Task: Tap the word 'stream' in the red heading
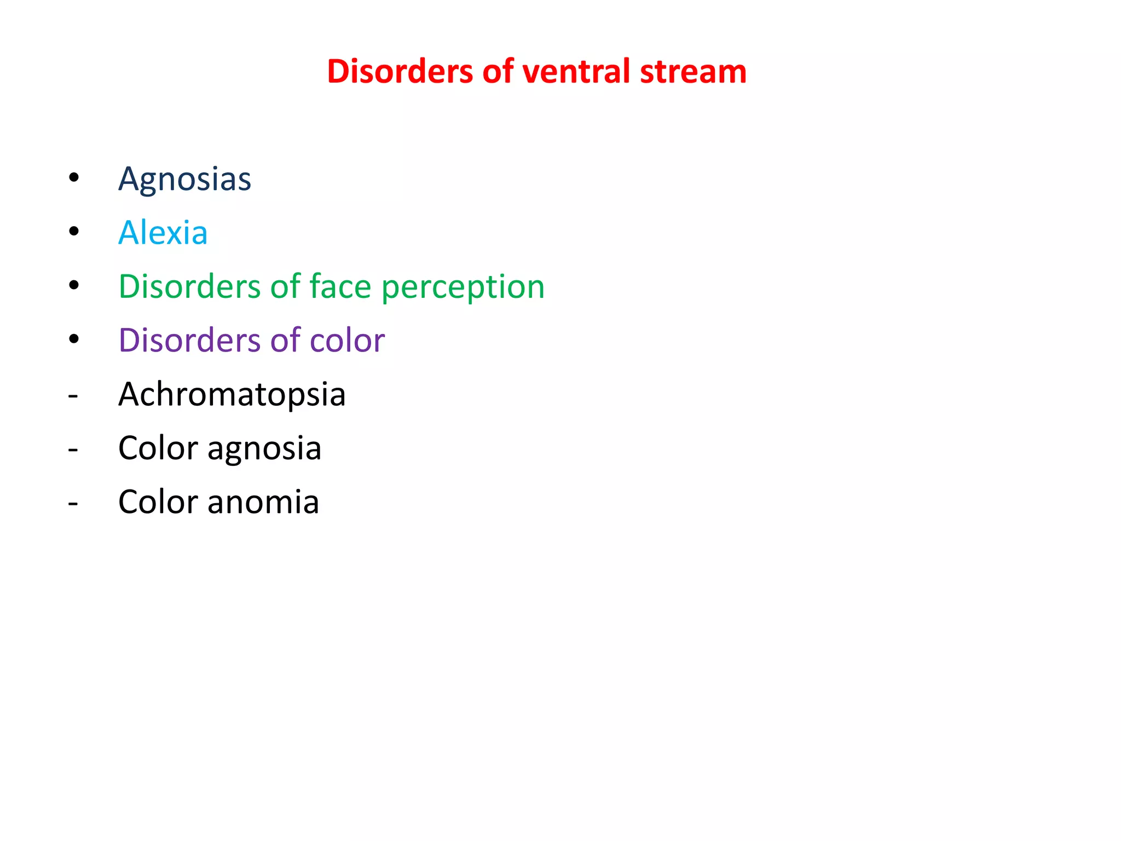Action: tap(693, 72)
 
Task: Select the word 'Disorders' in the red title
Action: tap(400, 72)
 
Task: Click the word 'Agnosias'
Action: tap(184, 179)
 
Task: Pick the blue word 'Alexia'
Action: tap(163, 233)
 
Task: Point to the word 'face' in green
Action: tap(340, 286)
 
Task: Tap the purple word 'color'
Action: tap(347, 340)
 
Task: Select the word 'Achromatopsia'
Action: tap(232, 394)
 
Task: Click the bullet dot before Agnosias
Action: tap(74, 177)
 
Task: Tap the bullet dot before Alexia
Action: tap(74, 231)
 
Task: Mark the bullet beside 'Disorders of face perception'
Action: tap(74, 285)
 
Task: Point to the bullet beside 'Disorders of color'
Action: tap(74, 339)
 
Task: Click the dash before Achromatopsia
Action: tap(73, 395)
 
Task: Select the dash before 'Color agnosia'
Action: tap(73, 449)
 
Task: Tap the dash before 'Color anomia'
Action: tap(73, 503)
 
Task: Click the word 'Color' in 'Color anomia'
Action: tap(158, 502)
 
